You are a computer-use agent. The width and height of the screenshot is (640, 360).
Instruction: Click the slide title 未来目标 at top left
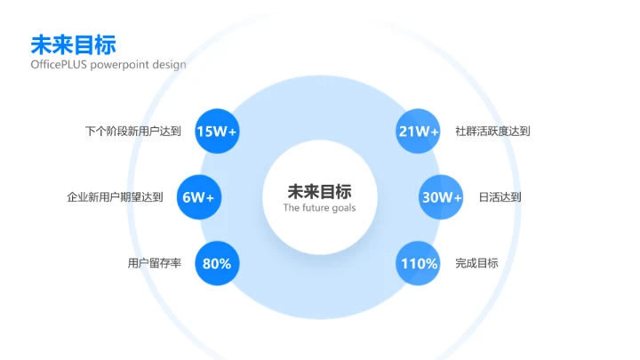(x=73, y=44)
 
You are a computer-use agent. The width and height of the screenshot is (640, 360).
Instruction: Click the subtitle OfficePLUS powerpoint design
(x=108, y=65)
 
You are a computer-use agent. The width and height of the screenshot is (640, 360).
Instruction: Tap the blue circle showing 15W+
(x=217, y=132)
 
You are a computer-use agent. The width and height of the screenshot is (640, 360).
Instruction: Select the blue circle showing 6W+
(x=199, y=197)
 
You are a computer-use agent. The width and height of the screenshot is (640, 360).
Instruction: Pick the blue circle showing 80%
(x=217, y=263)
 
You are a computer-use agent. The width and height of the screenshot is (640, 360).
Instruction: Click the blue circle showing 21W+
(x=419, y=132)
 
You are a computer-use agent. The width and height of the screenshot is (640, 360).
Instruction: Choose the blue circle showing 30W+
(x=441, y=197)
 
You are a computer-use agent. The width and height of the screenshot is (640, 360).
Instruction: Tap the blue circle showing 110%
(x=419, y=263)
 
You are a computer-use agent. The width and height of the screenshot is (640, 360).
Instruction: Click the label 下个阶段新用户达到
(x=133, y=132)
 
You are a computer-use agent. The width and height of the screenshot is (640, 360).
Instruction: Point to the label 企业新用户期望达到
(x=116, y=197)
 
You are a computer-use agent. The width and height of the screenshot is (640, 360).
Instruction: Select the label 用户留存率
(x=155, y=263)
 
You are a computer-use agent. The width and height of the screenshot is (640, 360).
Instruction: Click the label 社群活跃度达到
(x=492, y=132)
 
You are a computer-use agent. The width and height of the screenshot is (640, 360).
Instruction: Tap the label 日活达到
(x=500, y=197)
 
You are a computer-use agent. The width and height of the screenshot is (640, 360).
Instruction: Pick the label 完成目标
(x=476, y=263)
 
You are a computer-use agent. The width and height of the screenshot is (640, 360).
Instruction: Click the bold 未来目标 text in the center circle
(x=319, y=191)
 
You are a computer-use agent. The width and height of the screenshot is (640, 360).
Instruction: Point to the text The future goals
(x=319, y=208)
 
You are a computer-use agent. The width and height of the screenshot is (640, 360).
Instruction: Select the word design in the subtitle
(x=169, y=65)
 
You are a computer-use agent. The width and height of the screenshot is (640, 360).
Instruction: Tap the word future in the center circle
(x=316, y=208)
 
